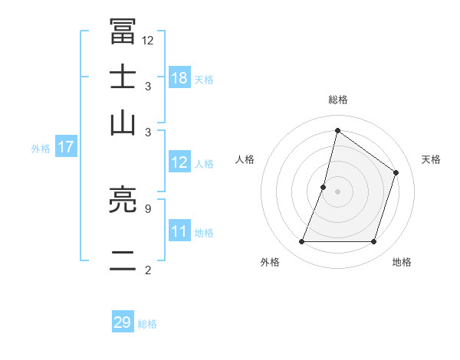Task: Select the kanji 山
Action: coord(123,122)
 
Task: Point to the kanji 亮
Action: coord(123,201)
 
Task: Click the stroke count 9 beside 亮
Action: coord(147,208)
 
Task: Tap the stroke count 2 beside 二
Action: coord(147,270)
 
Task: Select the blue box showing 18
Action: coord(179,78)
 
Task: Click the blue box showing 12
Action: coord(179,162)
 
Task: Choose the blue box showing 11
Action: coord(179,231)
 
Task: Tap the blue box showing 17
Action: coord(66,148)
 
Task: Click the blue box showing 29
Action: coord(123,322)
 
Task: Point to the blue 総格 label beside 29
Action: coord(147,324)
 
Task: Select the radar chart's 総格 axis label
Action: coord(337,100)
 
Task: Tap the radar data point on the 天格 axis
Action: coord(396,172)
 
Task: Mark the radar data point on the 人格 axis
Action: coord(324,187)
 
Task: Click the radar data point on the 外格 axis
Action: coord(301,242)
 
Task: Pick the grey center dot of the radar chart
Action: coord(337,191)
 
